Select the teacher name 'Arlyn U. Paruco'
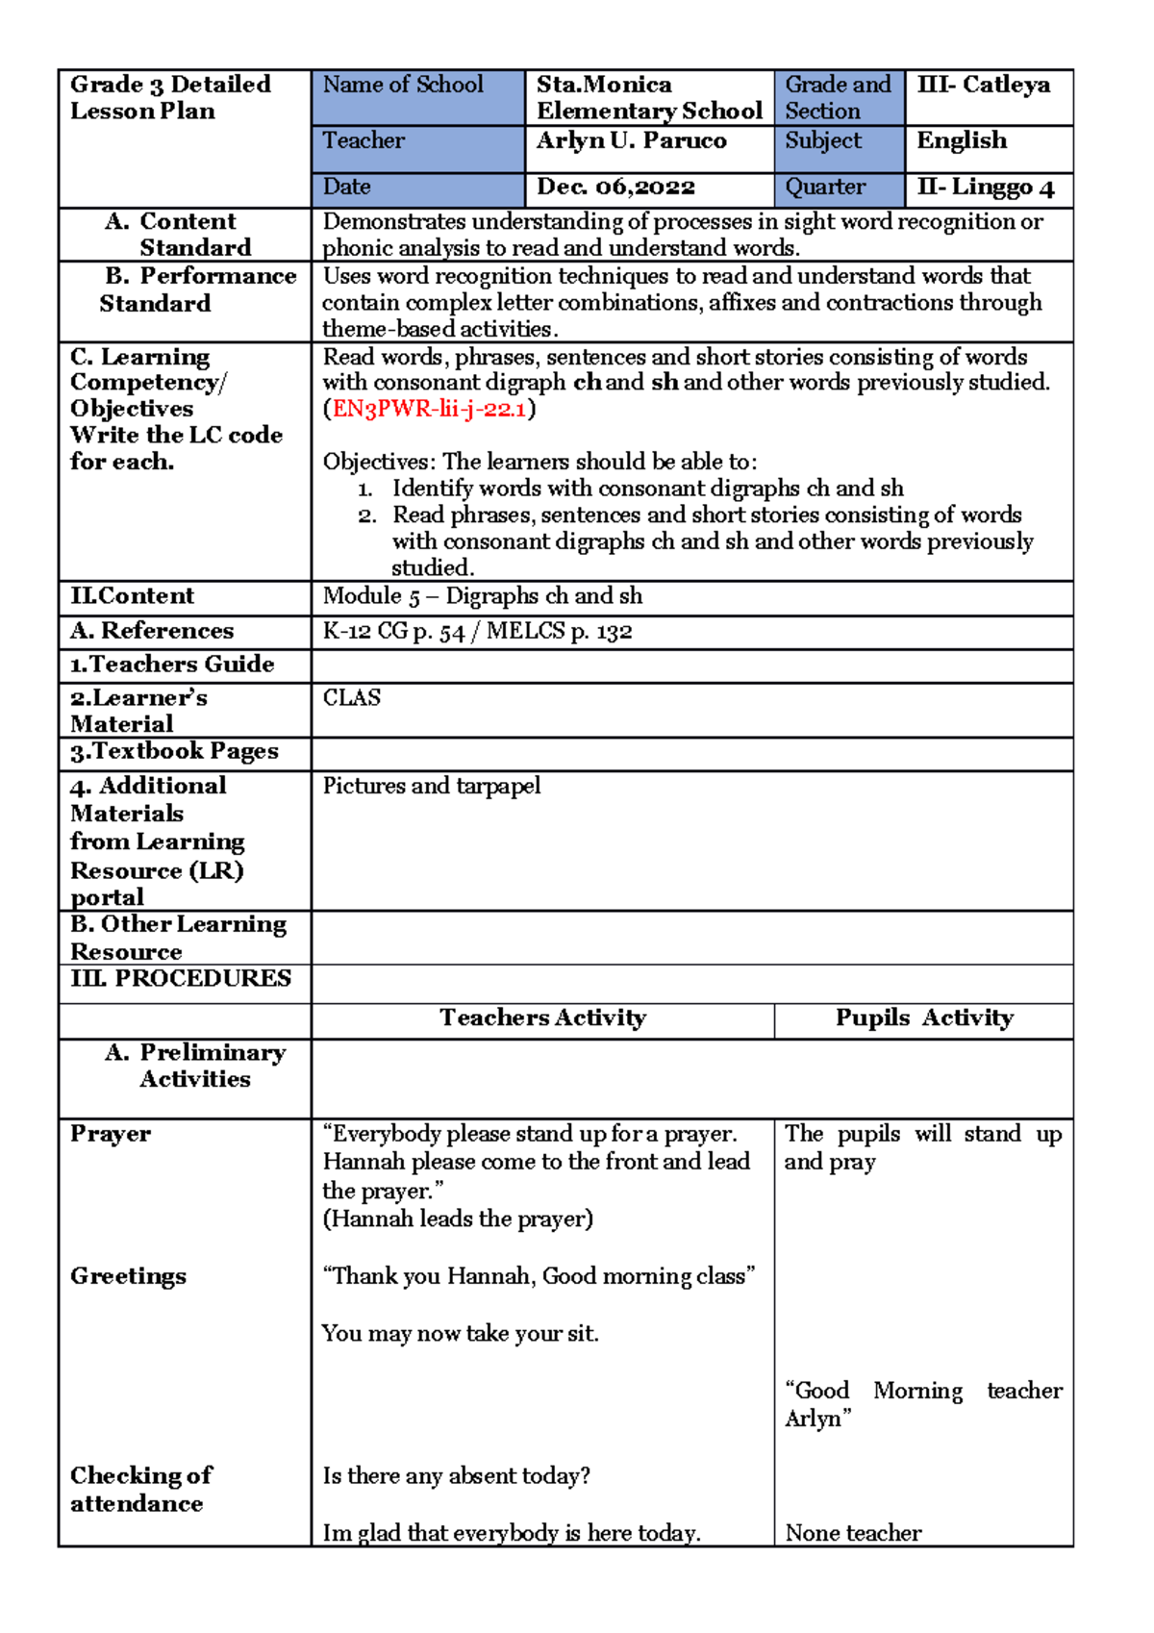pyautogui.click(x=631, y=140)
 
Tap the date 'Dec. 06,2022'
pyautogui.click(x=615, y=187)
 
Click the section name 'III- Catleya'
pyautogui.click(x=983, y=85)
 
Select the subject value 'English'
pyautogui.click(x=962, y=140)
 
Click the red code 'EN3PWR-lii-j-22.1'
pyautogui.click(x=429, y=409)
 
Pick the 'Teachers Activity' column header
pyautogui.click(x=542, y=1017)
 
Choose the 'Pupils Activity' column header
pyautogui.click(x=923, y=1017)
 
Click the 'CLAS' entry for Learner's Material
pyautogui.click(x=352, y=697)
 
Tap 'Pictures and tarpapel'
pyautogui.click(x=432, y=786)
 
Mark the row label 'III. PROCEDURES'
pyautogui.click(x=181, y=978)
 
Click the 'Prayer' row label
pyautogui.click(x=111, y=1134)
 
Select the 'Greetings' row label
pyautogui.click(x=128, y=1276)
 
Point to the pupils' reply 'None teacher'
pyautogui.click(x=853, y=1533)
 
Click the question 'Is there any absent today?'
pyautogui.click(x=456, y=1475)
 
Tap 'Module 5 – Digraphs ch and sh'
pyautogui.click(x=483, y=596)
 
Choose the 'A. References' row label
pyautogui.click(x=152, y=631)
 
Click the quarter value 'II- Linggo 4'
pyautogui.click(x=985, y=187)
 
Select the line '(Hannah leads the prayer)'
pyautogui.click(x=458, y=1218)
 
